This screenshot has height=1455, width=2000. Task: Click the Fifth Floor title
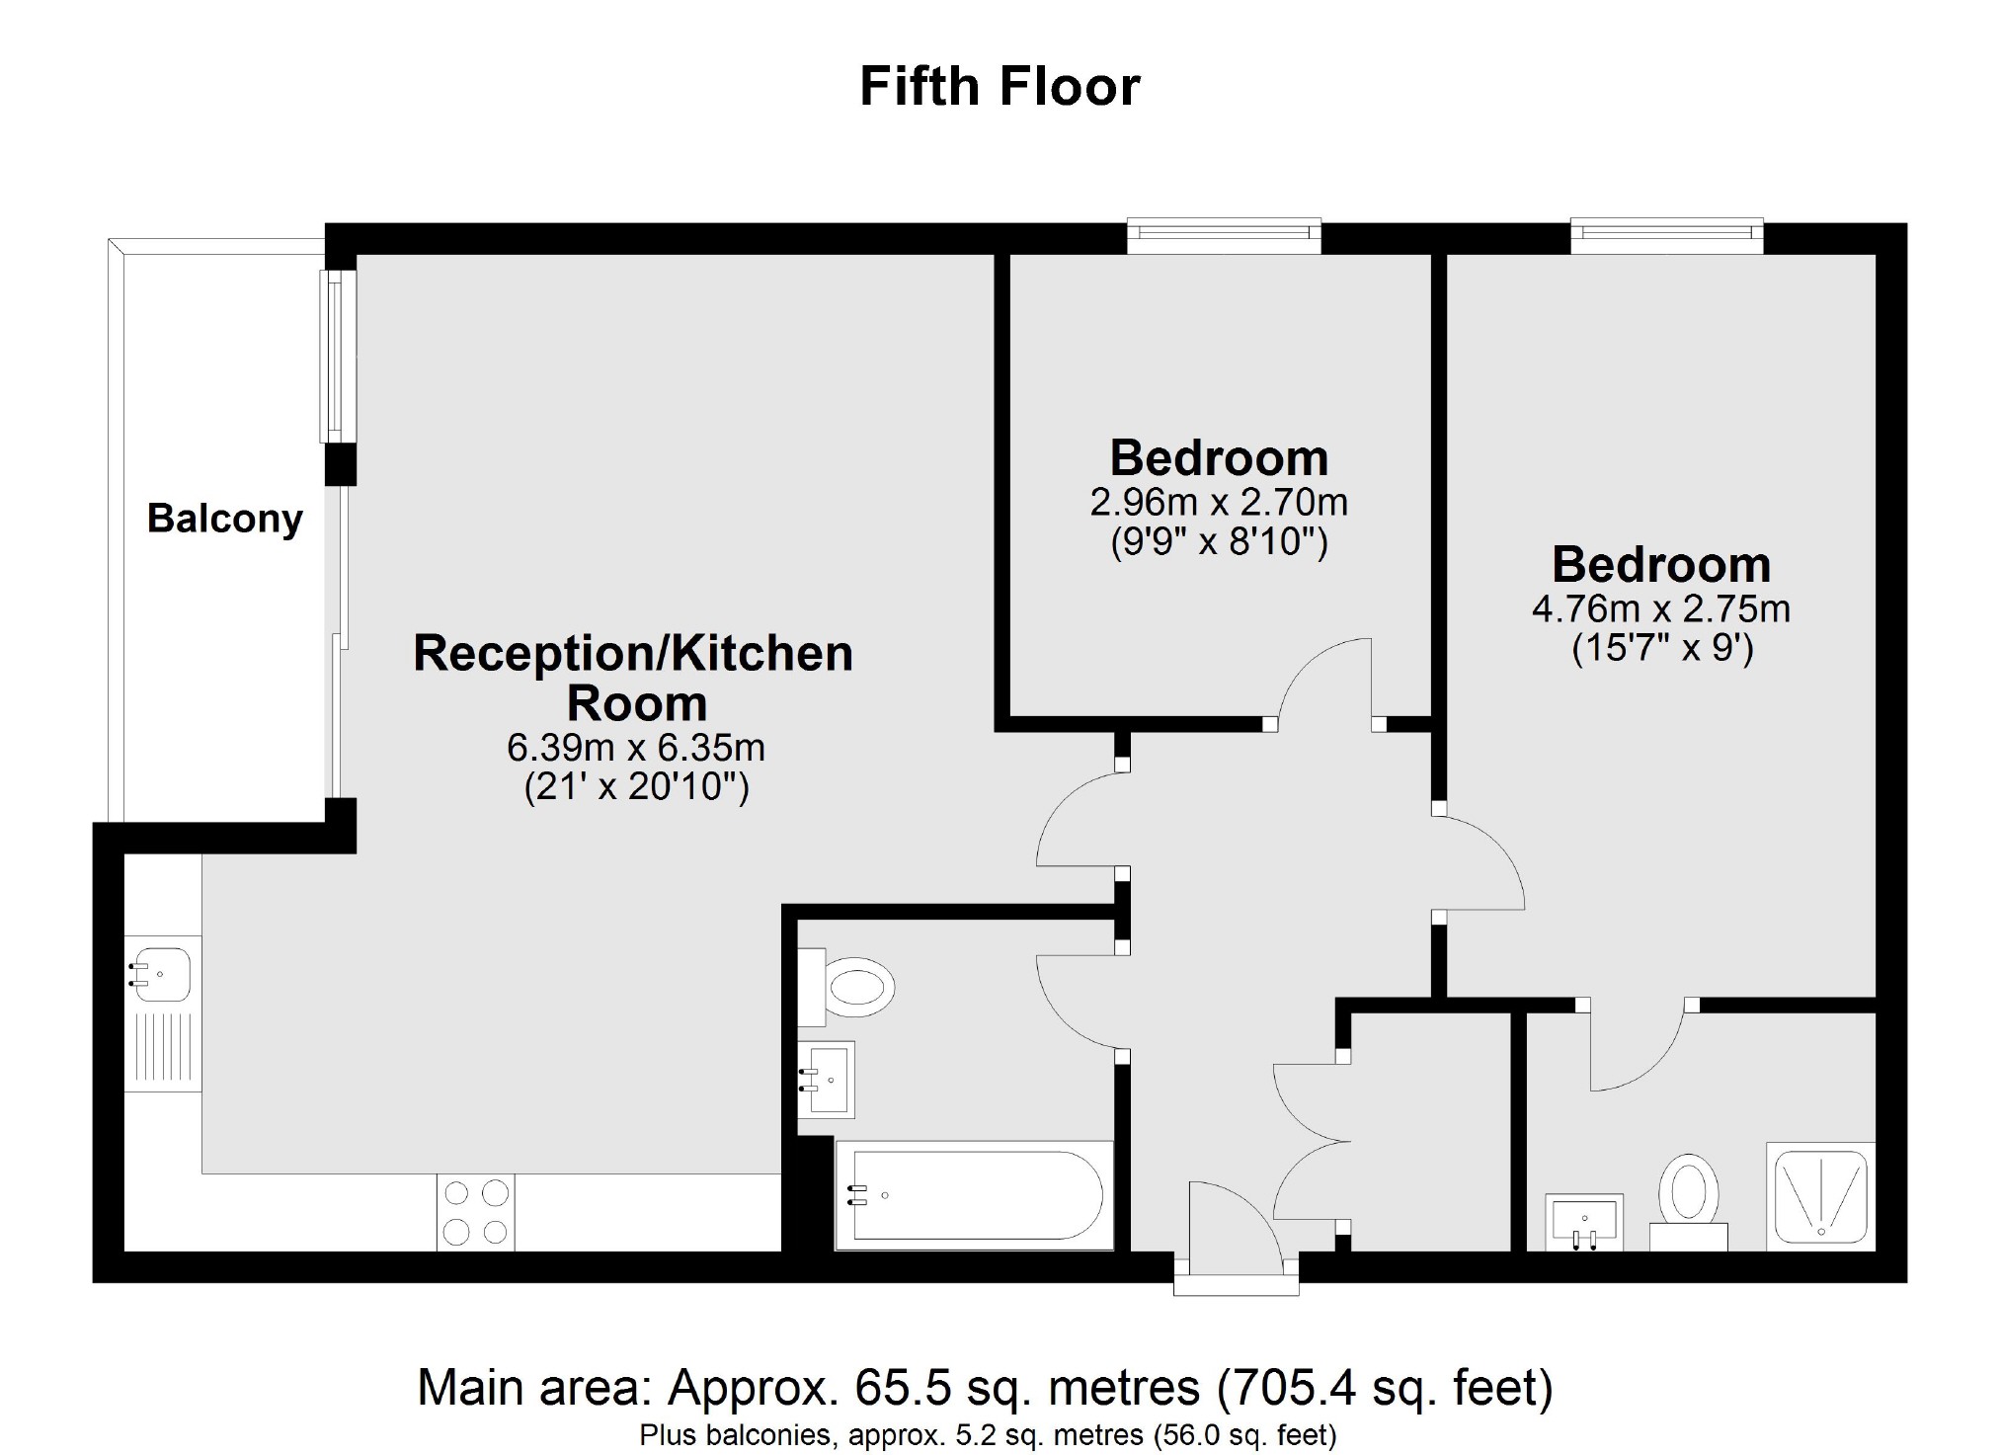click(1000, 87)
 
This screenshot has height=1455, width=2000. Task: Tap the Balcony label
click(224, 519)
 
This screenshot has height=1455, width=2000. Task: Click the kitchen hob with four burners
click(475, 1212)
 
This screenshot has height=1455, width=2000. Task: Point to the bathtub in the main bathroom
click(973, 1194)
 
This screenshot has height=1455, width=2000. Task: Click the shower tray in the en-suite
click(1819, 1193)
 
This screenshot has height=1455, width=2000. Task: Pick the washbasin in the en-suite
click(1583, 1220)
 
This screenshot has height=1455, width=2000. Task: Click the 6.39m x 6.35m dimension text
click(636, 748)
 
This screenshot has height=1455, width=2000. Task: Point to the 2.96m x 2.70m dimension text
click(1219, 503)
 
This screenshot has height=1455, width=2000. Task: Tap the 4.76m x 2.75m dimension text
click(1660, 608)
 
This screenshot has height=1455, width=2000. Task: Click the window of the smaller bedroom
click(1224, 231)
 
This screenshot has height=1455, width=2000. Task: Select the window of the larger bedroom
click(1666, 231)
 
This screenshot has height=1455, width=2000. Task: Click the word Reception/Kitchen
click(633, 654)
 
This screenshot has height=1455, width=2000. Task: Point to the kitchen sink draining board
click(162, 1050)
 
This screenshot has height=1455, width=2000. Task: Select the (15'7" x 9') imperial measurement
click(1662, 649)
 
